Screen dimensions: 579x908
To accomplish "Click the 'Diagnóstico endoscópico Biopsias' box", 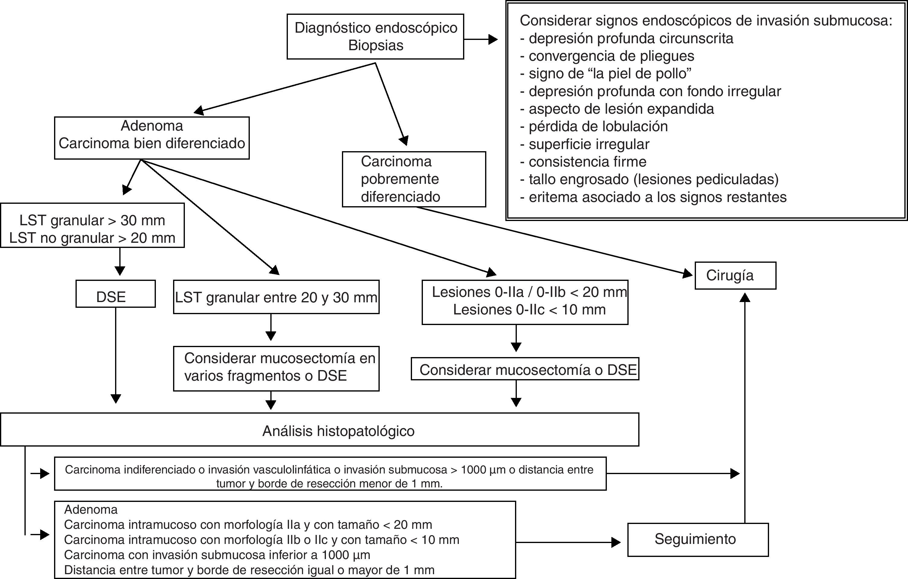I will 375,37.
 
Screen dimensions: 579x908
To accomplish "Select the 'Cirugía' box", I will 735,275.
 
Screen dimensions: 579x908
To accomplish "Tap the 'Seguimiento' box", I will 697,539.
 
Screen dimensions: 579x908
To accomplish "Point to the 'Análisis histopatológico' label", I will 338,431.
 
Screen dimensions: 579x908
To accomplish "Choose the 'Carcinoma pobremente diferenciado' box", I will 414,179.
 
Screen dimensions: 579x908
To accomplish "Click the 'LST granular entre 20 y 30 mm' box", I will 276,297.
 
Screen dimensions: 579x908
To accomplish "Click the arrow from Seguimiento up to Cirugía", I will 745,408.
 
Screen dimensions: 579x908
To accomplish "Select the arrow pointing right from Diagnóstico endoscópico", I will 481,39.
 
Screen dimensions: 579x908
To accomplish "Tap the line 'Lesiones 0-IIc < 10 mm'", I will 529,310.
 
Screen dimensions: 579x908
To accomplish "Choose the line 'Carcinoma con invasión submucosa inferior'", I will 217,555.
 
